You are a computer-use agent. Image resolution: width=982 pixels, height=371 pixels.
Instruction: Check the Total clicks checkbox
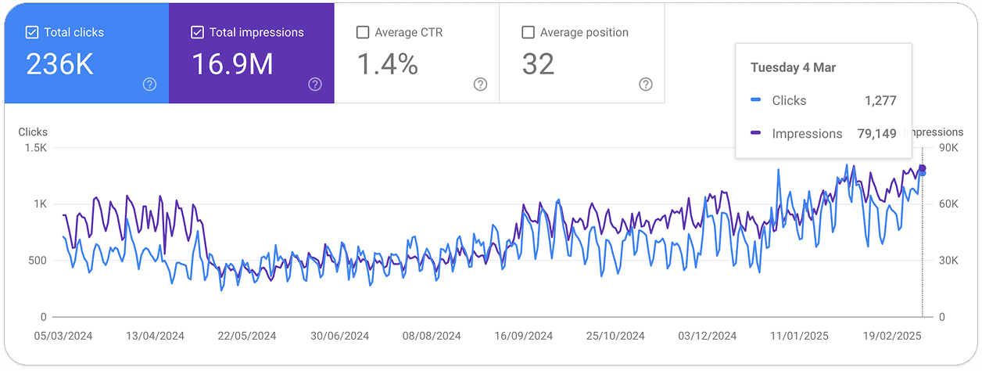[x=32, y=32]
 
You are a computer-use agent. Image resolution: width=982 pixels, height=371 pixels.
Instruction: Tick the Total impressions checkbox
[x=198, y=32]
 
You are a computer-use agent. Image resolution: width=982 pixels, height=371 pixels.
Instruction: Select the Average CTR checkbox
[x=363, y=32]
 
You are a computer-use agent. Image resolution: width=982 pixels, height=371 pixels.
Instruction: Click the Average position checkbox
[x=528, y=32]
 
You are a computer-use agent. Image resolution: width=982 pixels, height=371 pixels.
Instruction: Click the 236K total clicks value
[x=59, y=64]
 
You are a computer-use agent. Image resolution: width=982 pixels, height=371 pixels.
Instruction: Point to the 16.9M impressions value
[x=232, y=64]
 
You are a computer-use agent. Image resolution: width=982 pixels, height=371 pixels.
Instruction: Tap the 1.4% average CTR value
[x=387, y=64]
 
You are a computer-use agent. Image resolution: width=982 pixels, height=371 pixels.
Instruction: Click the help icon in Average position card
[x=645, y=85]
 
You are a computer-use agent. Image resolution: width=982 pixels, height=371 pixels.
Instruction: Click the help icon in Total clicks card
[x=149, y=85]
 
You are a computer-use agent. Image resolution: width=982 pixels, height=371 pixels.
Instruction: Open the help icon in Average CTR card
[x=480, y=85]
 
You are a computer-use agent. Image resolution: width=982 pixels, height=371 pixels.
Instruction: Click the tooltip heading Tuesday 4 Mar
[x=793, y=67]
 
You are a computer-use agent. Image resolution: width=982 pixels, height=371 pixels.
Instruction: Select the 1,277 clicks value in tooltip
[x=880, y=100]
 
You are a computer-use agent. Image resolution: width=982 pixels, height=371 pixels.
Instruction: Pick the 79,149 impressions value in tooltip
[x=876, y=134]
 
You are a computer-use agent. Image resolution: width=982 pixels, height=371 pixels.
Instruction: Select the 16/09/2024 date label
[x=523, y=336]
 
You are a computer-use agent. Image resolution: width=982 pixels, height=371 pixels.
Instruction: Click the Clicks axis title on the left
[x=33, y=132]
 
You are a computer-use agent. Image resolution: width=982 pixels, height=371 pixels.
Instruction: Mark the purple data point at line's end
[x=922, y=168]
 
